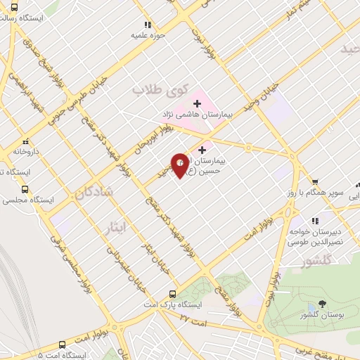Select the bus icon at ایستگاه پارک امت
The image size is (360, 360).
[173, 295]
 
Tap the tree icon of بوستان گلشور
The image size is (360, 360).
[321, 304]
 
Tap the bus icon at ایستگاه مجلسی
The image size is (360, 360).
[26, 189]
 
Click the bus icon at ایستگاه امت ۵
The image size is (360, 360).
[62, 345]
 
